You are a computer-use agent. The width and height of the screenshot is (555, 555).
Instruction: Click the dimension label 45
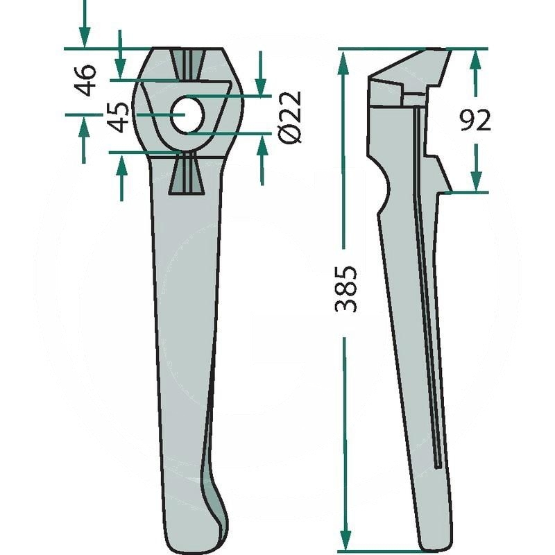coord(118,117)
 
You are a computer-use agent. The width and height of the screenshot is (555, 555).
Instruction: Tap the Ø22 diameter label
coord(290,117)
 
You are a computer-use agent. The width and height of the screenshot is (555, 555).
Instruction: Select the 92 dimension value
coord(476,120)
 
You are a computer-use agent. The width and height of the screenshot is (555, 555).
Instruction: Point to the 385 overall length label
coord(345,289)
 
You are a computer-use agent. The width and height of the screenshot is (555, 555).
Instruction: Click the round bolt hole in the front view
coord(187,115)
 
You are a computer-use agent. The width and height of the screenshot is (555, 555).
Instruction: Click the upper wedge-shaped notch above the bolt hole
coord(187,65)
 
